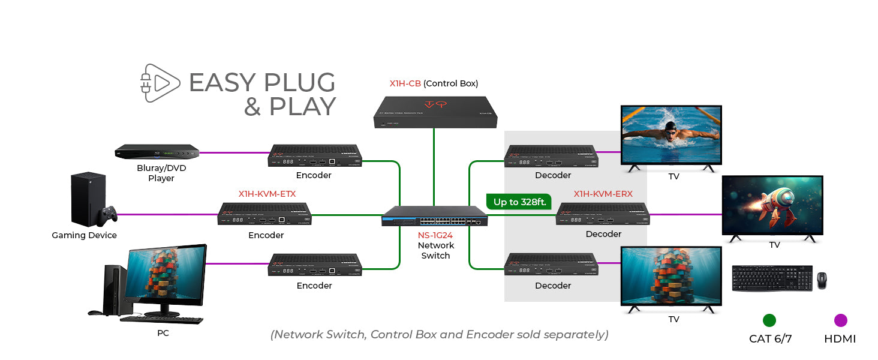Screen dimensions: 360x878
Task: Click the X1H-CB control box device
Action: (435, 112)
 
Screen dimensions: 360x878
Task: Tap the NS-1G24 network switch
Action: (435, 216)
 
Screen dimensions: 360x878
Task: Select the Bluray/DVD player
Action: (157, 152)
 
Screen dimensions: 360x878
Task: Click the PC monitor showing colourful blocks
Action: (166, 277)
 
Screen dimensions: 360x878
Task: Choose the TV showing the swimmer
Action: (671, 136)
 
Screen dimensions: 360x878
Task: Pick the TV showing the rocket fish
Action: (772, 205)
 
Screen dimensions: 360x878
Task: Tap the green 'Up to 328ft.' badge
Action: (519, 202)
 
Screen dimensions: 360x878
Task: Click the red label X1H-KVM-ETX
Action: (267, 194)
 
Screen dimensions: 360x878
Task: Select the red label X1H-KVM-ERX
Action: (603, 194)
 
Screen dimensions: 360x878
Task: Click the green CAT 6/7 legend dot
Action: (769, 320)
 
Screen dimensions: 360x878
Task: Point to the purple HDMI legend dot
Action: (840, 320)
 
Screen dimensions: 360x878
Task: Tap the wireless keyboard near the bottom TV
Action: (772, 278)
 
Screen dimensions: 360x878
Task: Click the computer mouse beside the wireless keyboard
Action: (821, 280)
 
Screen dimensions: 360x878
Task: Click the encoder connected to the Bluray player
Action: (315, 155)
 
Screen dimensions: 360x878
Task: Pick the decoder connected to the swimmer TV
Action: (551, 156)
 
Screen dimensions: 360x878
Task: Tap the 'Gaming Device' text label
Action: (85, 235)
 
